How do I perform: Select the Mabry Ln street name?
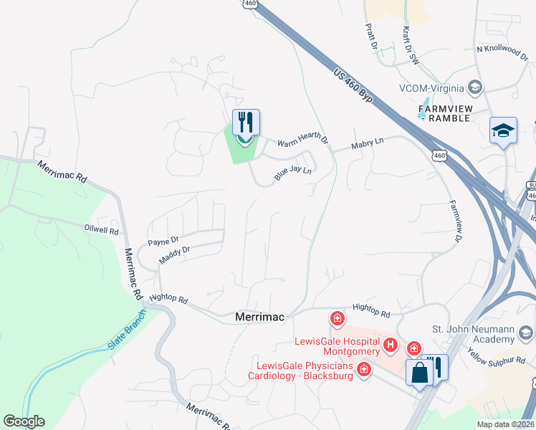point(368,144)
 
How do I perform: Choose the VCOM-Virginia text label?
point(429,88)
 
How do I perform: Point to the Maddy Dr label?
point(174,255)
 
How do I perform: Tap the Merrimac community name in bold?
point(260,316)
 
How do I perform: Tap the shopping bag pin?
point(418,372)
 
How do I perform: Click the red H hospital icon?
point(391,345)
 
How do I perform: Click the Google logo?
point(24,421)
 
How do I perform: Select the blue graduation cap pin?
point(504,131)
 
